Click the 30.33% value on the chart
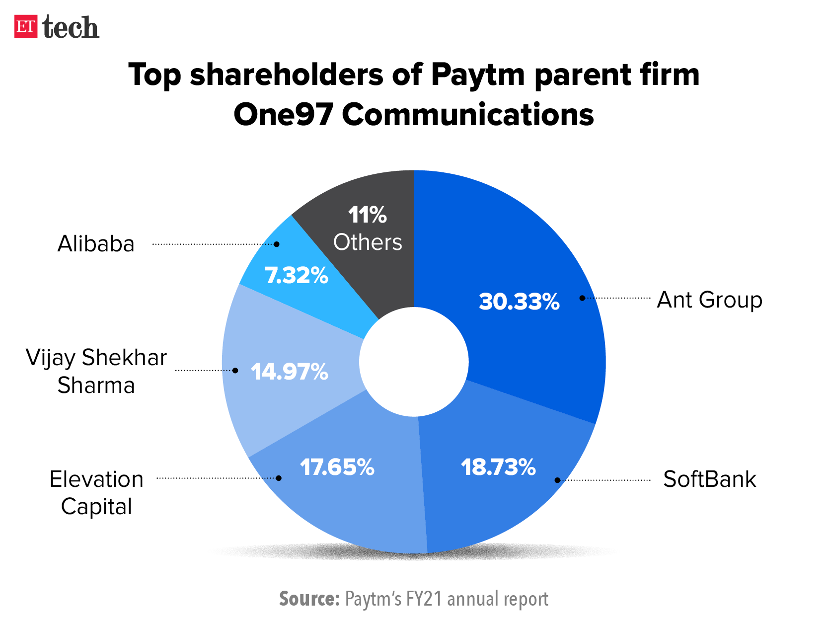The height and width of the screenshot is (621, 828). pyautogui.click(x=519, y=302)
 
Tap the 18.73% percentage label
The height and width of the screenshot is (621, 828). pyautogui.click(x=498, y=467)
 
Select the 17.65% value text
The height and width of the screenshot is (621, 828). pyautogui.click(x=337, y=467)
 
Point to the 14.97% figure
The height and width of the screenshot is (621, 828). pyautogui.click(x=289, y=372)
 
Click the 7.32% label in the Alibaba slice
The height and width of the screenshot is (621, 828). pyautogui.click(x=297, y=275)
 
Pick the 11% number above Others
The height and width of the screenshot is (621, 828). pyautogui.click(x=367, y=215)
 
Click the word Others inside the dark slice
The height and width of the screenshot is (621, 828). pyautogui.click(x=368, y=242)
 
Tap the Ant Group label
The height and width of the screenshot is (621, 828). pyautogui.click(x=709, y=300)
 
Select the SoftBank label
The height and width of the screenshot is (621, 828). pyautogui.click(x=709, y=479)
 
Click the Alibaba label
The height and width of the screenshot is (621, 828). pyautogui.click(x=96, y=244)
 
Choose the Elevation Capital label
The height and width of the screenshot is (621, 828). pyautogui.click(x=96, y=493)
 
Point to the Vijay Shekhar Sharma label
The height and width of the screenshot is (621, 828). pyautogui.click(x=96, y=371)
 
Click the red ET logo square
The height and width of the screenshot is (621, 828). pyautogui.click(x=26, y=27)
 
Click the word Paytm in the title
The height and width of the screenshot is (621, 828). pyautogui.click(x=477, y=75)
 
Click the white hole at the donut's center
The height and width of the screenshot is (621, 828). pyautogui.click(x=414, y=362)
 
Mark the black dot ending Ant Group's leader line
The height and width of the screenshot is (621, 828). pyautogui.click(x=582, y=298)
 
